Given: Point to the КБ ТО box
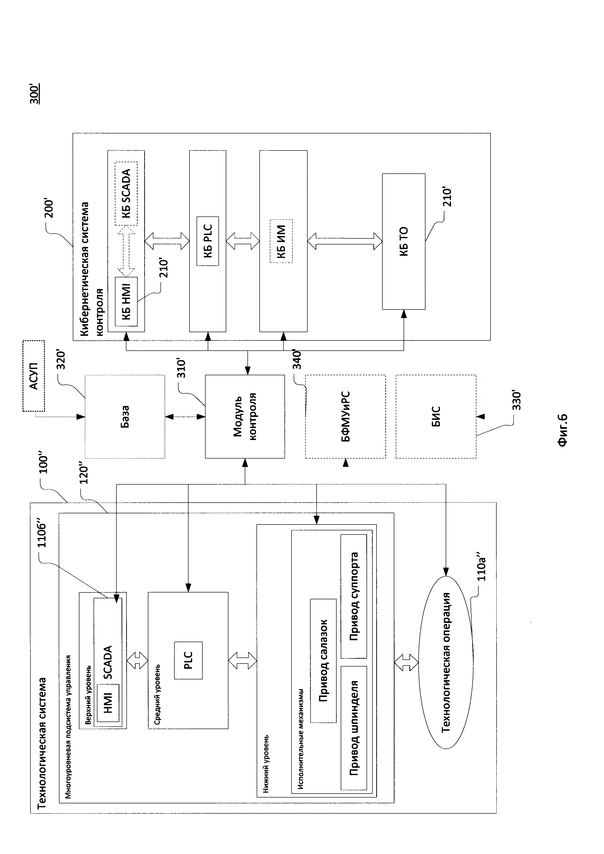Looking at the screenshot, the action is pos(404,241).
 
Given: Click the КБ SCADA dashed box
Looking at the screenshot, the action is pos(126,193).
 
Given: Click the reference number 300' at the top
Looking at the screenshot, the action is pos(34,93).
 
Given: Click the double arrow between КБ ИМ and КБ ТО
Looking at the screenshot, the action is pos(345,241).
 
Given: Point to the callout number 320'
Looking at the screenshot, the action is pos(60,360).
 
